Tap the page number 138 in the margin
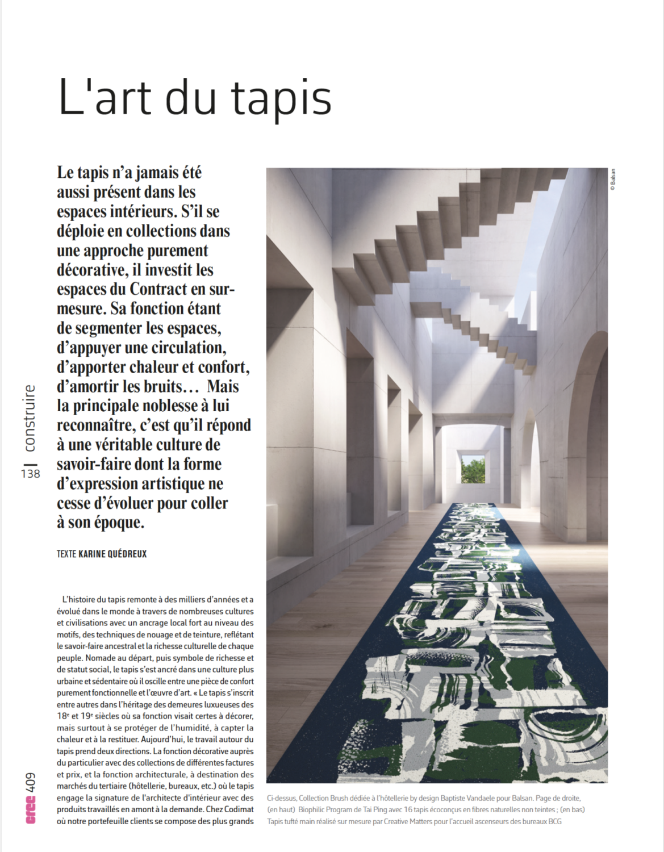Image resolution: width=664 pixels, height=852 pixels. pos(31,473)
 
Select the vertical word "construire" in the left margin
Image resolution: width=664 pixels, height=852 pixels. pos(30,418)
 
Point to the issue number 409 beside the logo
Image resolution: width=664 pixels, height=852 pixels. pos(31,783)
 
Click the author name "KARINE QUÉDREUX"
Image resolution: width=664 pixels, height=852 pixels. pos(112,554)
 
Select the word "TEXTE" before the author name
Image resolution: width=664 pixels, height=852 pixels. pos(66,554)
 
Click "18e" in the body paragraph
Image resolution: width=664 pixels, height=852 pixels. pos(62,716)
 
